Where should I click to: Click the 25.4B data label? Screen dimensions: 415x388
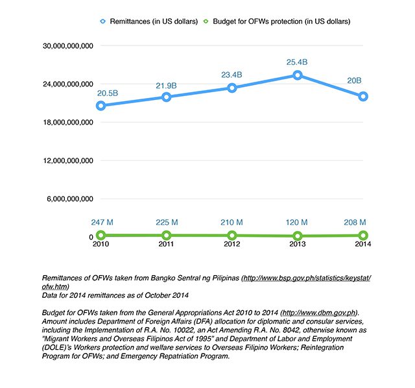click(297, 62)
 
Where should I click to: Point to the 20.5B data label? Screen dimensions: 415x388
click(108, 93)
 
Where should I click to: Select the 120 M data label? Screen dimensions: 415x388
click(297, 222)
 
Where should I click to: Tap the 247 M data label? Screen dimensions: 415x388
click(102, 222)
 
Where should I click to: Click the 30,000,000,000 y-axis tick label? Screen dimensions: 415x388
click(68, 46)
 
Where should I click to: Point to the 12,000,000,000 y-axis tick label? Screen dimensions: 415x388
click(68, 160)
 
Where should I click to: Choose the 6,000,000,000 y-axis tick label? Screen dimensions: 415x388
click(70, 199)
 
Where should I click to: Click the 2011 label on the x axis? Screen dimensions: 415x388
click(166, 244)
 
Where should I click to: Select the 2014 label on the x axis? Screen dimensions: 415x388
click(363, 244)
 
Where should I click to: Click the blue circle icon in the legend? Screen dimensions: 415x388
click(103, 21)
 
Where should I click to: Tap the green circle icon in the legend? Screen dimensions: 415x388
click(206, 21)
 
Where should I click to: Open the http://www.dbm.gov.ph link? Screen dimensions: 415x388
click(319, 313)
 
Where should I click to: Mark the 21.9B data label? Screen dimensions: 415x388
click(166, 86)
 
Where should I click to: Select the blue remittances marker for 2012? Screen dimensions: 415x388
click(232, 88)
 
